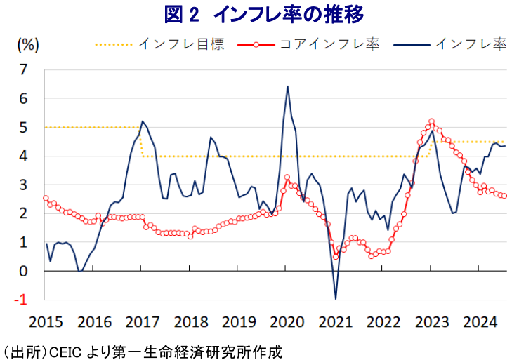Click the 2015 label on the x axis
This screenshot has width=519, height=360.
point(46,322)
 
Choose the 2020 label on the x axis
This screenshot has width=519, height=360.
point(286,322)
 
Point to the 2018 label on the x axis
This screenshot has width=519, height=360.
point(190,322)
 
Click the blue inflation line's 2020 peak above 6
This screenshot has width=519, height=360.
point(288,86)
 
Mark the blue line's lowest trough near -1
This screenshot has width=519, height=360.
point(336,299)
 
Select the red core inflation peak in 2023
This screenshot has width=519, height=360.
point(431,121)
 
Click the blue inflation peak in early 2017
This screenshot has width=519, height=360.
point(143,121)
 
